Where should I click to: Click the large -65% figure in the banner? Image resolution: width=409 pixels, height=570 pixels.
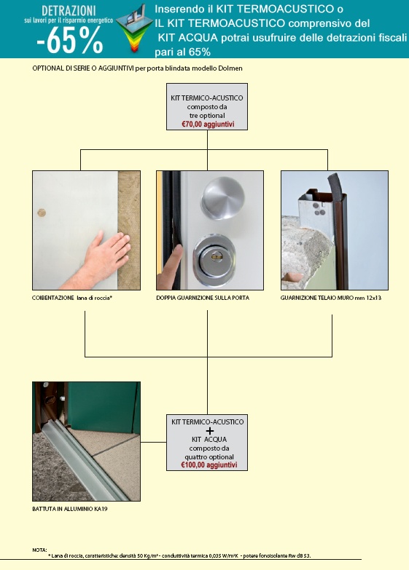click(69, 41)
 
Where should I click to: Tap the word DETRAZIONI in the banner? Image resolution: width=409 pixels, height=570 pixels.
click(69, 10)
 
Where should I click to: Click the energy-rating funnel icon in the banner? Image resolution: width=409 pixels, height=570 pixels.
click(134, 28)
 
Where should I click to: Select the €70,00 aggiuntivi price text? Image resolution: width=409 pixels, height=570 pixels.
click(208, 124)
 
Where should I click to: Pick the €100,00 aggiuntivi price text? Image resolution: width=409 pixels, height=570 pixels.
click(209, 465)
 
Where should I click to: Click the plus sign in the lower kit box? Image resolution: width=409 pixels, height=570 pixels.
click(210, 431)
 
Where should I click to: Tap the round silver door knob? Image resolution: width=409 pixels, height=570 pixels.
click(223, 198)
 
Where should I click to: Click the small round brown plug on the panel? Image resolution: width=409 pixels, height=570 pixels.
click(42, 213)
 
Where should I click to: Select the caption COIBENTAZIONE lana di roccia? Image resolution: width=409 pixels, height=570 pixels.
click(72, 298)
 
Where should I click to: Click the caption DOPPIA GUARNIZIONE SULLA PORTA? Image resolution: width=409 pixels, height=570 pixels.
click(203, 298)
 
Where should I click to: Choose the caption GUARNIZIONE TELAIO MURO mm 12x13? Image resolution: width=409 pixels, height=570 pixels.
click(331, 298)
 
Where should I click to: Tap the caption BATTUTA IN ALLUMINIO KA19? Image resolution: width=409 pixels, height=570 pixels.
click(69, 509)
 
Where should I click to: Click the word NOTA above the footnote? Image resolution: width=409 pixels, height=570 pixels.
click(39, 550)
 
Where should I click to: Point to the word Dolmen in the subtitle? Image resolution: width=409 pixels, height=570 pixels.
click(231, 68)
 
